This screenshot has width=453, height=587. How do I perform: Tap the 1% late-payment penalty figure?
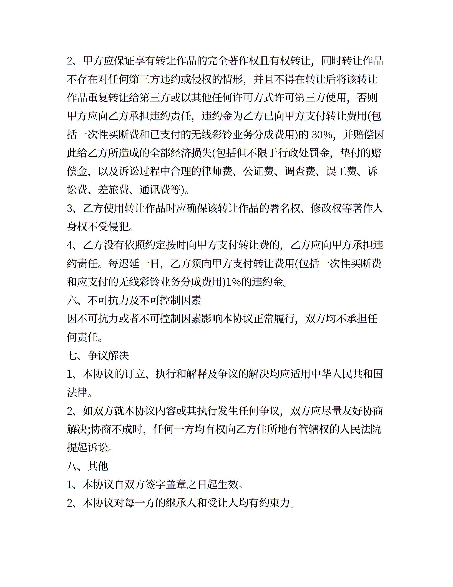[234, 282]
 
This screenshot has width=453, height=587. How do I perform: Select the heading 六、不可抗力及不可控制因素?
[134, 300]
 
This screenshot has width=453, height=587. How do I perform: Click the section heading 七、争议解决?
[98, 355]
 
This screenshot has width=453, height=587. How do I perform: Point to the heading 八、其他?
[87, 466]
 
